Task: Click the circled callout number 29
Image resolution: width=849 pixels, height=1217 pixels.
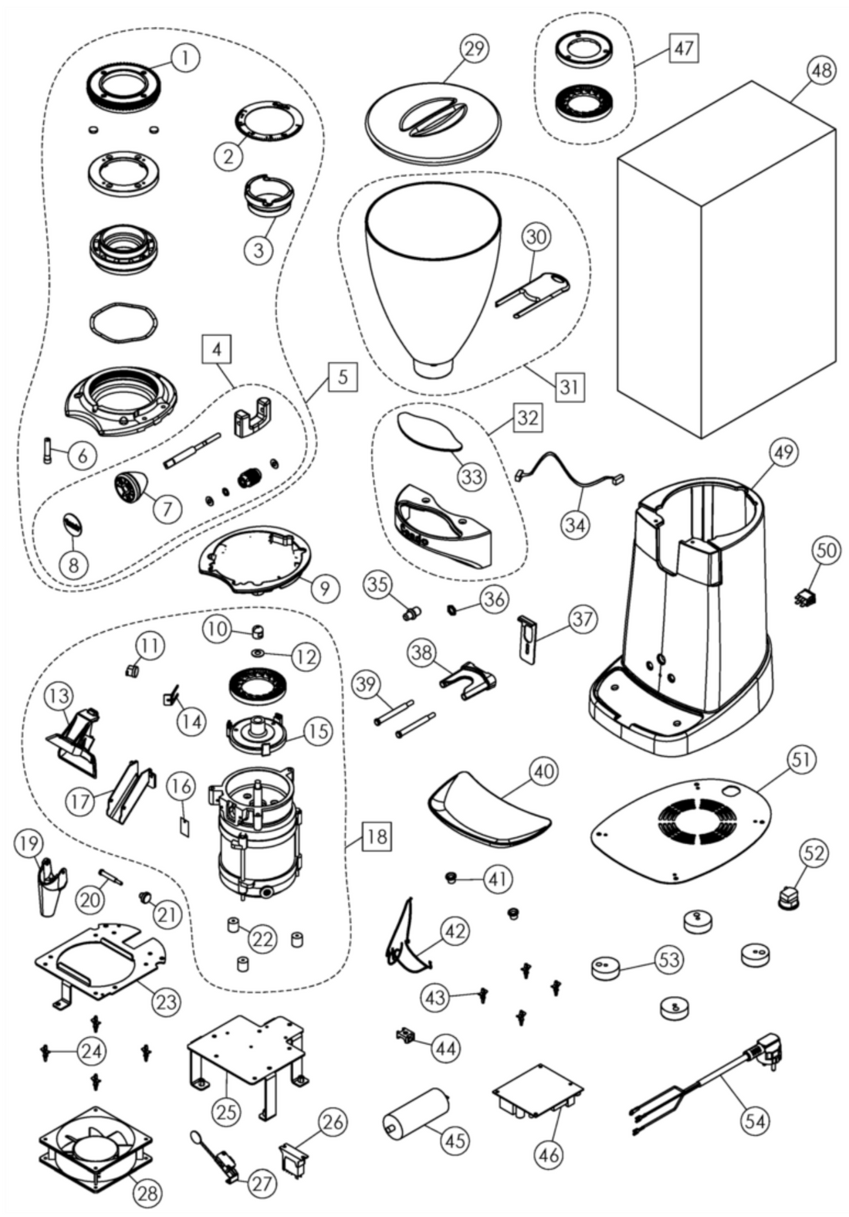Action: [x=475, y=48]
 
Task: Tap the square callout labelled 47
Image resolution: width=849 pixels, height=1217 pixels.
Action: [x=683, y=48]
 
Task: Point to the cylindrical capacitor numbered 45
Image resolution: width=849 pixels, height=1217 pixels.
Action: [x=415, y=1113]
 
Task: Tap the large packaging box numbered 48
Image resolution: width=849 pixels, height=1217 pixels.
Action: [x=726, y=263]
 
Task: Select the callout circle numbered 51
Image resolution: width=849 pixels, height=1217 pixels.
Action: [x=801, y=760]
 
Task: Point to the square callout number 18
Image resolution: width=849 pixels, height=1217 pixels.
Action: [x=375, y=836]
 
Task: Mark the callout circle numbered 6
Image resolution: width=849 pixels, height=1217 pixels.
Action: [x=83, y=455]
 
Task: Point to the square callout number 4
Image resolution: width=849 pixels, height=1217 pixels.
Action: [x=217, y=350]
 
